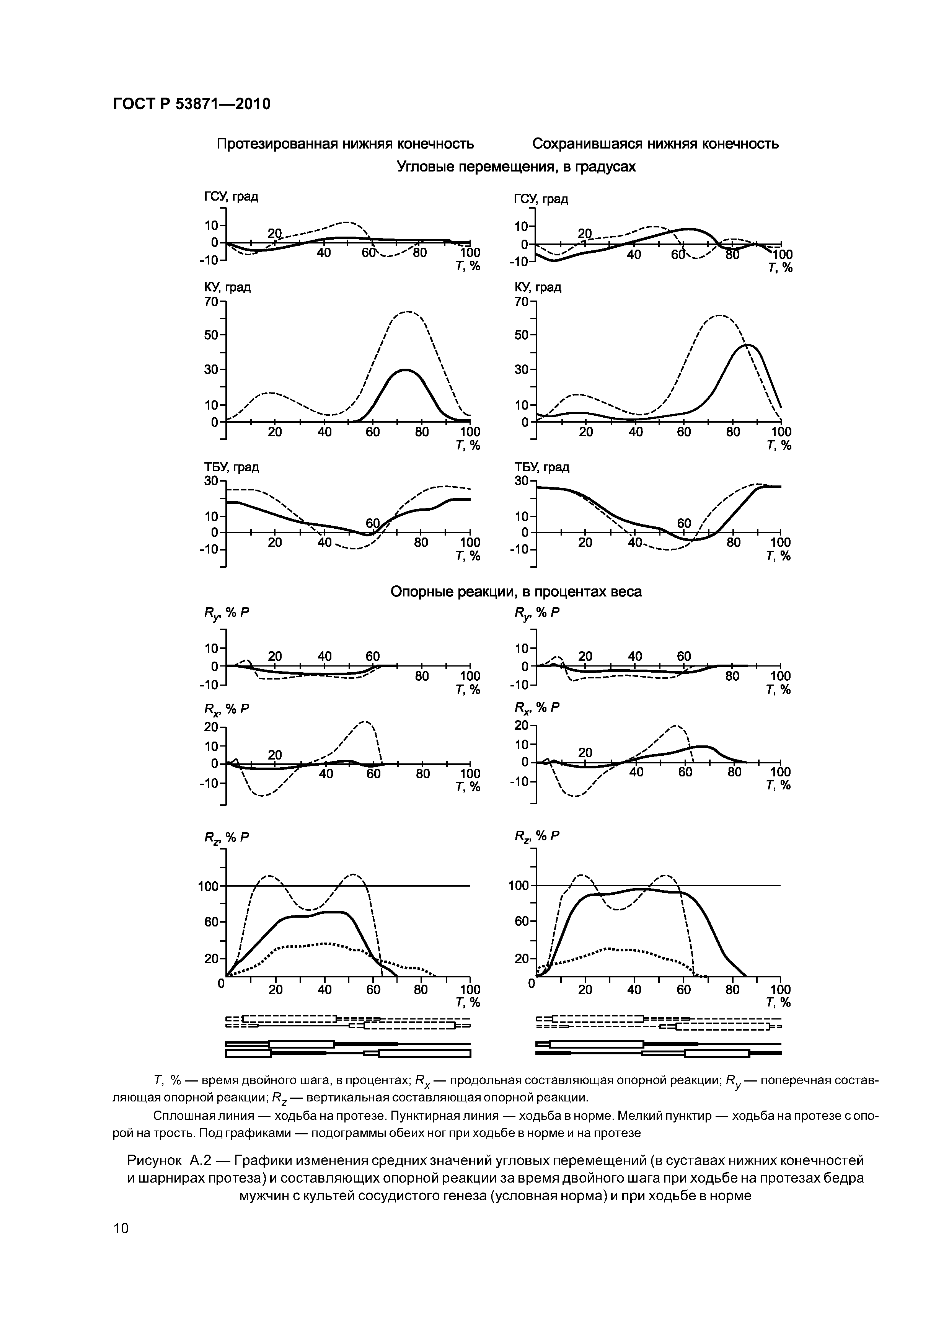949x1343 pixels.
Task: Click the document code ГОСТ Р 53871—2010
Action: (191, 105)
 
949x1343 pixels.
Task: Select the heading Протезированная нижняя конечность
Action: (345, 144)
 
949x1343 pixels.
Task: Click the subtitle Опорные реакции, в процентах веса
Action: (516, 592)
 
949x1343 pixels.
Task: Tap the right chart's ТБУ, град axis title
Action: (541, 467)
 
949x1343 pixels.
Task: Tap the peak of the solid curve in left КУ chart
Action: (405, 370)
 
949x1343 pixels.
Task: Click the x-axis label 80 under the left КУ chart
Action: (422, 432)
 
